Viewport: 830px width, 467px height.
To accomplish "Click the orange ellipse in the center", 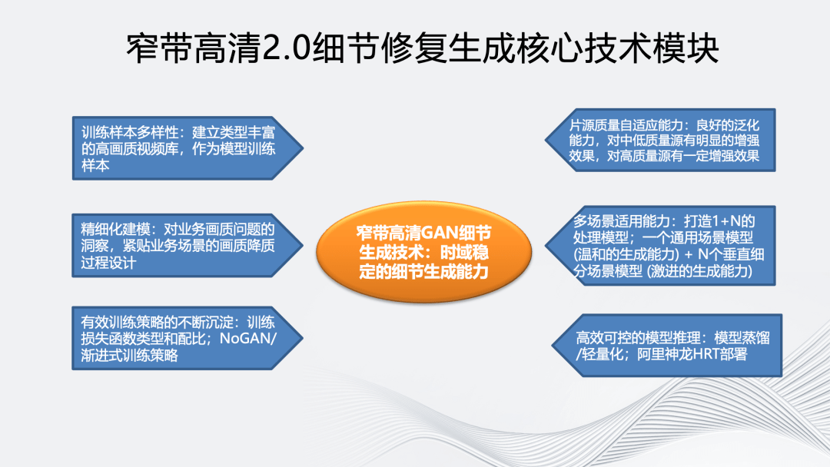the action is (423, 252).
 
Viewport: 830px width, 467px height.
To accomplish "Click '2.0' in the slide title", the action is (286, 48).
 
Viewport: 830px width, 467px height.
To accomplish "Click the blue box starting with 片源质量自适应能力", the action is (660, 140).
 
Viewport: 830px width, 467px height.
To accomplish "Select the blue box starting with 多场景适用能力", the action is (660, 246).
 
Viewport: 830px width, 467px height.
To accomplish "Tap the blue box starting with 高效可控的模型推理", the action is (667, 346).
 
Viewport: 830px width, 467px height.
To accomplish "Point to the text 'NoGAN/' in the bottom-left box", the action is (247, 339).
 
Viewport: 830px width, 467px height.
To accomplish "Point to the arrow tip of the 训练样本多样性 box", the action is (303, 148).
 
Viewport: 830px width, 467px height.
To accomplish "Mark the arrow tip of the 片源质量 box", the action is (545, 140).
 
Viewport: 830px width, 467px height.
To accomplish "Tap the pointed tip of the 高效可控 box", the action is (552, 346).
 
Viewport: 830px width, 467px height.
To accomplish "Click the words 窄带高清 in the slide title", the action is (194, 48).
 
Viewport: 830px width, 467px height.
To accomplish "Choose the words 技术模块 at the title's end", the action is (651, 48).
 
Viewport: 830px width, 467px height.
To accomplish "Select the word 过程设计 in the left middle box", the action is (108, 263).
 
